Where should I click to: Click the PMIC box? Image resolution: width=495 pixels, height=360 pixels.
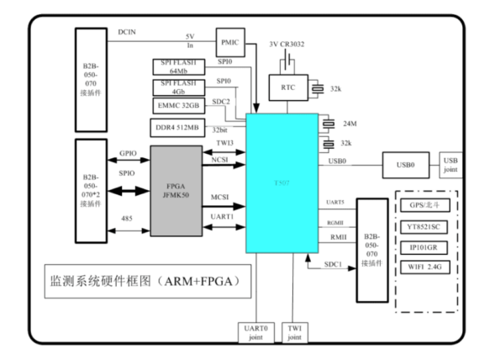click(x=229, y=40)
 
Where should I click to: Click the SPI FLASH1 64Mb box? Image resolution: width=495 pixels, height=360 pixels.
click(x=179, y=67)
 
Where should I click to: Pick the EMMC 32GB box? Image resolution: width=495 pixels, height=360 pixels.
click(x=179, y=105)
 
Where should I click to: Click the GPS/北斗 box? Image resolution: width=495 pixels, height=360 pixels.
click(x=424, y=204)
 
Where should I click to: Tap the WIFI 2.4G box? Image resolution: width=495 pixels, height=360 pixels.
click(x=424, y=267)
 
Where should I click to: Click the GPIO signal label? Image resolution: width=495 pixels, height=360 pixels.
click(x=128, y=155)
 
